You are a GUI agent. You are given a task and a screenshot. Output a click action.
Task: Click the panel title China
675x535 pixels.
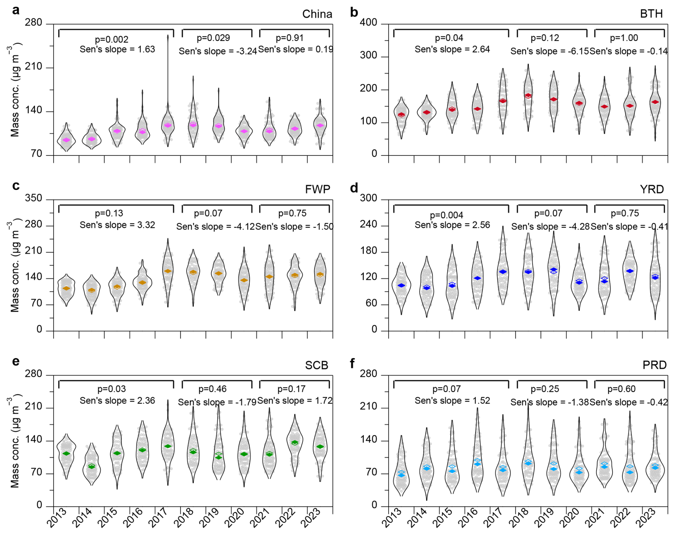(317, 14)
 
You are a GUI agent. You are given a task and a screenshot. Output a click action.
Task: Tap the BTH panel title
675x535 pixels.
(651, 14)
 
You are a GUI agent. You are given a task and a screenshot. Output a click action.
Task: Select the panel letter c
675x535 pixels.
(15, 186)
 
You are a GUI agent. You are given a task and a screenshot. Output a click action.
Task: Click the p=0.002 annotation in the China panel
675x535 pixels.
(111, 40)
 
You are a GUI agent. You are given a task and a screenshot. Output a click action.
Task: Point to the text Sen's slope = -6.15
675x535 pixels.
(549, 51)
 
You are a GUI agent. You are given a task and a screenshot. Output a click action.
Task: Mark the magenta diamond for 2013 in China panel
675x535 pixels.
(66, 140)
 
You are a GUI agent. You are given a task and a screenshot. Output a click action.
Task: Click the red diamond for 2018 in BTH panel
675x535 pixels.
(528, 96)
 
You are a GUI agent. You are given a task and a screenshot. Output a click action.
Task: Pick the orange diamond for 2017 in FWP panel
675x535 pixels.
(168, 271)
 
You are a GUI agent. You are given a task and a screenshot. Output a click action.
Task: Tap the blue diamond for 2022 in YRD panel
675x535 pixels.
(630, 271)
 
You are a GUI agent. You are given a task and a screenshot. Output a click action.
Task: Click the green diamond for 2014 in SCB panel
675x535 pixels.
(92, 466)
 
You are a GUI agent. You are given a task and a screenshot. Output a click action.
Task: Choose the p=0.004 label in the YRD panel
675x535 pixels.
(446, 215)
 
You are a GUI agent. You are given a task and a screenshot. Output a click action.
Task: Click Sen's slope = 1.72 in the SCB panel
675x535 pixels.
(295, 401)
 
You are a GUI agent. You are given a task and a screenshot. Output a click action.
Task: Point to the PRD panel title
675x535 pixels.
(654, 365)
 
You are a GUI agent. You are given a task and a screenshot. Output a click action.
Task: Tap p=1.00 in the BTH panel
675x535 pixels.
(624, 38)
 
